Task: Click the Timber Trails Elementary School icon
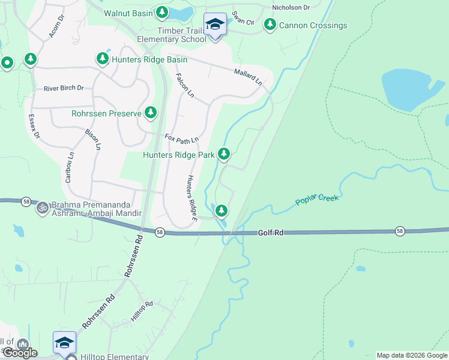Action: pos(215,25)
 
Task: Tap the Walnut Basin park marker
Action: pos(161,12)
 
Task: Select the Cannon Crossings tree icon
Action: pos(270,25)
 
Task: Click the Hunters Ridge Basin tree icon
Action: pos(102,59)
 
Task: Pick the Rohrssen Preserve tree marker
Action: pos(150,112)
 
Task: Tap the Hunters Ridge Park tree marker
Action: pos(224,154)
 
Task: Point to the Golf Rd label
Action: pos(271,232)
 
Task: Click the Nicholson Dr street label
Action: pos(291,8)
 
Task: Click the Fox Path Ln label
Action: pos(181,139)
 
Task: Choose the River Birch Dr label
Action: pos(64,88)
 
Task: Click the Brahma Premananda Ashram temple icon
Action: pos(42,208)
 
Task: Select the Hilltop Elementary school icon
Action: pos(64,343)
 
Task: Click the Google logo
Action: pos(19,353)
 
